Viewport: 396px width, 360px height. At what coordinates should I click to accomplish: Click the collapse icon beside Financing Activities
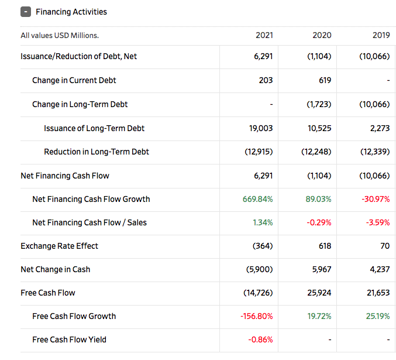coord(26,12)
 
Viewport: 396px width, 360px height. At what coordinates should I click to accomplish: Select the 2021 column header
coord(264,35)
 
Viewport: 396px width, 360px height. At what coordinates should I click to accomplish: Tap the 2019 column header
coord(381,35)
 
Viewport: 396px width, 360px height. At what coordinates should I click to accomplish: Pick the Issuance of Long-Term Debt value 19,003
coord(261,128)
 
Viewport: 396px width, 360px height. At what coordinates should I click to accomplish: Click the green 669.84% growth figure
coord(257,199)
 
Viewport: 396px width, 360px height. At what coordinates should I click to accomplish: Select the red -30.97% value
coord(375,199)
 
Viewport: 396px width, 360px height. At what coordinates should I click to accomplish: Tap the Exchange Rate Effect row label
coord(59,246)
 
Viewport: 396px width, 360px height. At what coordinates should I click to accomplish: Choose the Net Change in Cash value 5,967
coord(320,269)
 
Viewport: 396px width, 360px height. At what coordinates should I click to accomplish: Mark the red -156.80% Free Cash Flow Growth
coord(256,316)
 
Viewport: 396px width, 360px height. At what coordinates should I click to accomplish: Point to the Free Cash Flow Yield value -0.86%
coord(260,340)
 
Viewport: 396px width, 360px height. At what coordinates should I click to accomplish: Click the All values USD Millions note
coord(60,35)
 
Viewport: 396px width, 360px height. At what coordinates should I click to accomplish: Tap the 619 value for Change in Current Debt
coord(325,80)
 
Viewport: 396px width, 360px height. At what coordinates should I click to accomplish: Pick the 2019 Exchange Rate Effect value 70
coord(384,246)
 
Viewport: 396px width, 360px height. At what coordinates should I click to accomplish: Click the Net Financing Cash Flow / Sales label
coord(89,222)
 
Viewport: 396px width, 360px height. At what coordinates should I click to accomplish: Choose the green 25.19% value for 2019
coord(377,316)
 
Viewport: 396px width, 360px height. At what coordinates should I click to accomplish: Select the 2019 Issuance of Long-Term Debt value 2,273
coord(380,128)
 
